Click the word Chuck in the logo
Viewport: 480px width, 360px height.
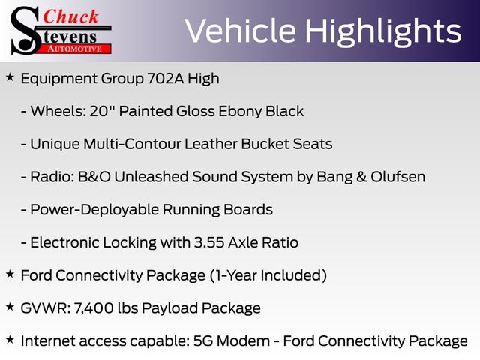tap(70, 16)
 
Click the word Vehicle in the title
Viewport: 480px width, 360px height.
tap(240, 31)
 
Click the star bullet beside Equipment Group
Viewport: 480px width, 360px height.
tap(10, 77)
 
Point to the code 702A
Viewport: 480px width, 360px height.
tap(165, 78)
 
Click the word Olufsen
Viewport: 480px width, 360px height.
tap(398, 177)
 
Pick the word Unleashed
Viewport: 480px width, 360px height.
tap(151, 177)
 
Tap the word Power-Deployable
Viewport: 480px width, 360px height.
tap(94, 210)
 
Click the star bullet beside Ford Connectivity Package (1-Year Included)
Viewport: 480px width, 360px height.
tap(10, 274)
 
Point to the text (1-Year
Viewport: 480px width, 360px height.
tap(232, 275)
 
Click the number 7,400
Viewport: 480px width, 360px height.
tap(94, 308)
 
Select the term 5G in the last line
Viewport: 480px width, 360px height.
tap(203, 340)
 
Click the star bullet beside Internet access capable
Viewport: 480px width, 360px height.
tap(10, 340)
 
